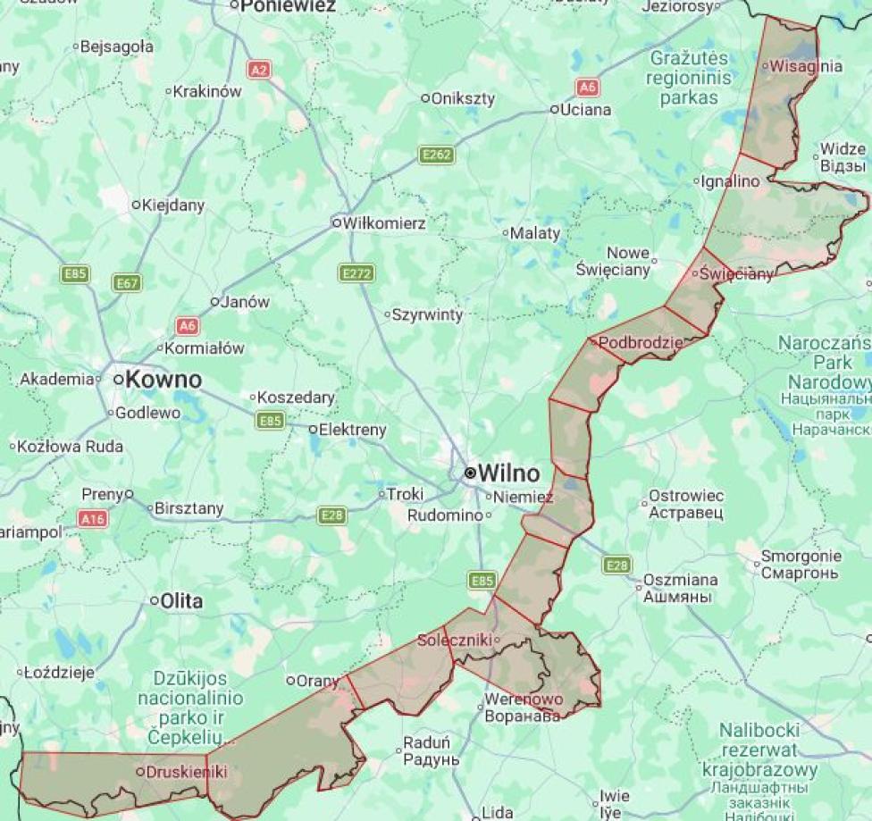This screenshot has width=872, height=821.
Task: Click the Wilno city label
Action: tap(509, 473)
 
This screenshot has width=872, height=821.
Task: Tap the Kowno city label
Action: tap(163, 380)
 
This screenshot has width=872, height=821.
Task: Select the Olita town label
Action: tap(180, 601)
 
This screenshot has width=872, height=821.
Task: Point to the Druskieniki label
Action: tap(186, 771)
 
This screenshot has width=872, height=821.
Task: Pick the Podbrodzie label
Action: tap(640, 342)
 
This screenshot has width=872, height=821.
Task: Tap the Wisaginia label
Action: tap(805, 65)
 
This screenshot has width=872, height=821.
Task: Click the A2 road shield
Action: tap(260, 69)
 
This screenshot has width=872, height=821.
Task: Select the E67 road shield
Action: tap(128, 283)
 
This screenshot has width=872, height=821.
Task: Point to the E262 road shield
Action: tap(437, 155)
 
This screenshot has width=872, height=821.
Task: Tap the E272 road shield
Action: tap(357, 272)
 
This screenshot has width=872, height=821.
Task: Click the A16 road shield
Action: tap(93, 518)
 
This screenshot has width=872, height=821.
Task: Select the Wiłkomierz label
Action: tap(384, 222)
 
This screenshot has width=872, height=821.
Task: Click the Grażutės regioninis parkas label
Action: tap(689, 78)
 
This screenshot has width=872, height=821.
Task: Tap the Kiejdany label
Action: tap(172, 205)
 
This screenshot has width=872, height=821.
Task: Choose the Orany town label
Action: tap(318, 681)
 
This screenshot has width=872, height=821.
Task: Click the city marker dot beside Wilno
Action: tap(470, 473)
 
